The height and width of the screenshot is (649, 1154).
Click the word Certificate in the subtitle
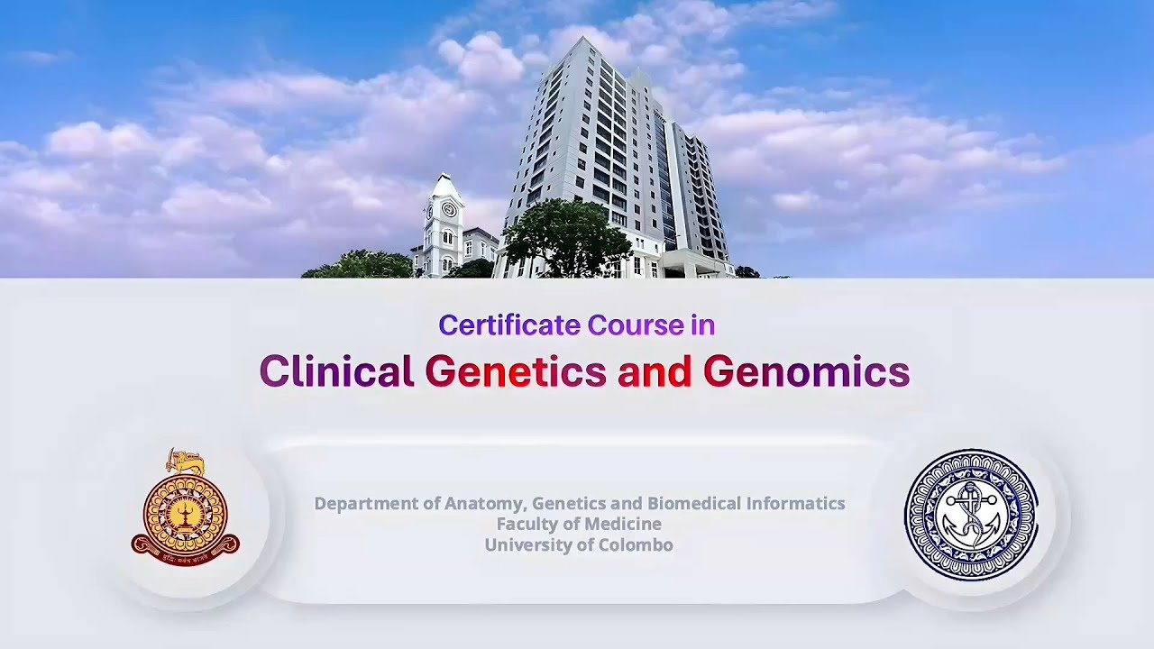[x=509, y=325]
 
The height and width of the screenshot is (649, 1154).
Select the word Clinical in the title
[x=336, y=371]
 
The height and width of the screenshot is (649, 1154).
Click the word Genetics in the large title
[x=515, y=371]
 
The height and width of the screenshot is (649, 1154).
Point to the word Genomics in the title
[x=806, y=371]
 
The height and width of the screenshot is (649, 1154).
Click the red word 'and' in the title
[x=654, y=371]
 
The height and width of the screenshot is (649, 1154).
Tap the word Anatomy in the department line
[x=485, y=504]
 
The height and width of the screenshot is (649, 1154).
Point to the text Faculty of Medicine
[x=579, y=525]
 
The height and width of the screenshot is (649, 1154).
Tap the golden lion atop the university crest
[x=186, y=462]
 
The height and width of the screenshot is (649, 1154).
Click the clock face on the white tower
[x=448, y=210]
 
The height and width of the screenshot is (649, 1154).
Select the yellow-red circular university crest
[x=186, y=509]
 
